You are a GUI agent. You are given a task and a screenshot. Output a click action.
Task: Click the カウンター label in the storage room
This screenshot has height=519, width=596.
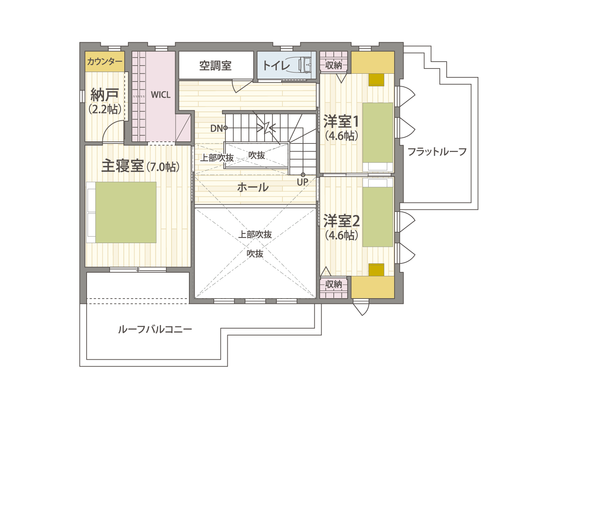pyautogui.click(x=104, y=62)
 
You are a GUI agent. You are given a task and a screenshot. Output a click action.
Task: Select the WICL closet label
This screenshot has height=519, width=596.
pyautogui.click(x=161, y=95)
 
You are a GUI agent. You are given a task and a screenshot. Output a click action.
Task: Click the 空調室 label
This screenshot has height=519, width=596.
pyautogui.click(x=215, y=66)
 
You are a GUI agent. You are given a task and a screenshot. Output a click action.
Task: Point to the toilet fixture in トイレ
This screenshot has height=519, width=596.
pyautogui.click(x=305, y=65)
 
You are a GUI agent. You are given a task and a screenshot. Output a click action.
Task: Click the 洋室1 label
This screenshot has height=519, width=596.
pyautogui.click(x=341, y=121)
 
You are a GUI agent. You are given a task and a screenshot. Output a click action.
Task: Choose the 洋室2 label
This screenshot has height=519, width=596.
pyautogui.click(x=341, y=221)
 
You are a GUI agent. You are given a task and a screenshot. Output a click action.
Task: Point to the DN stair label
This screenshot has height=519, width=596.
pyautogui.click(x=217, y=128)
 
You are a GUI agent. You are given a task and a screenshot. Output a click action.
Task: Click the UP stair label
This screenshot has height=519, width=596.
pyautogui.click(x=302, y=182)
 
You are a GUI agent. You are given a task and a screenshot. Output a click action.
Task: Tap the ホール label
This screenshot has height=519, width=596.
pyautogui.click(x=253, y=187)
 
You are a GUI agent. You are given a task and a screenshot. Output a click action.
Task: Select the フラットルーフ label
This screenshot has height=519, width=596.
pyautogui.click(x=437, y=152)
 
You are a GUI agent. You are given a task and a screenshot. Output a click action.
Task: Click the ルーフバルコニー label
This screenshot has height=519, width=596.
pyautogui.click(x=155, y=329)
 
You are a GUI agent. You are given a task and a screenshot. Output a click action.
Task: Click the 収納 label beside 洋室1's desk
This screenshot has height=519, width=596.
pyautogui.click(x=333, y=65)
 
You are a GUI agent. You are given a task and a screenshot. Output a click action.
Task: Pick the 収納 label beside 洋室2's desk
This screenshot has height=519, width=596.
pyautogui.click(x=333, y=284)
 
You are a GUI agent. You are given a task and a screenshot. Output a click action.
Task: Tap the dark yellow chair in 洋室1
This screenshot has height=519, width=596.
pyautogui.click(x=376, y=80)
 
